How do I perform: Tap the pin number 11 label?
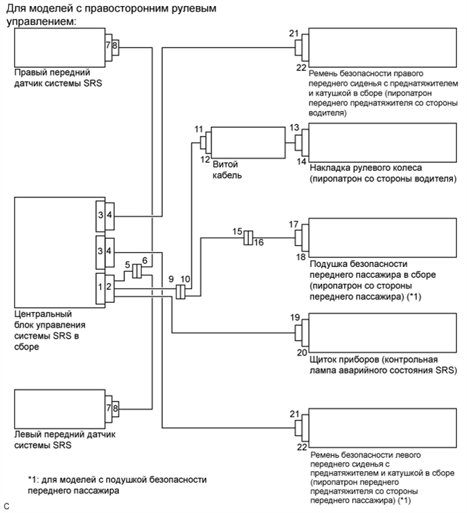[x=198, y=128]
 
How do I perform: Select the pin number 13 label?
[x=293, y=127]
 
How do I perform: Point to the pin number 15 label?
[x=237, y=231]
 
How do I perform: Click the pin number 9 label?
[x=171, y=278]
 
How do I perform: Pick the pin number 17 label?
[x=293, y=224]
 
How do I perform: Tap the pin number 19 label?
[x=293, y=316]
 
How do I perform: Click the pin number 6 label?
[x=144, y=260]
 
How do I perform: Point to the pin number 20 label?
[x=293, y=351]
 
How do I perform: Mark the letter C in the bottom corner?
[x=7, y=506]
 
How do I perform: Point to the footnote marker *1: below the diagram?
[x=34, y=480]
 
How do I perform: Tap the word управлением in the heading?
[x=40, y=22]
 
